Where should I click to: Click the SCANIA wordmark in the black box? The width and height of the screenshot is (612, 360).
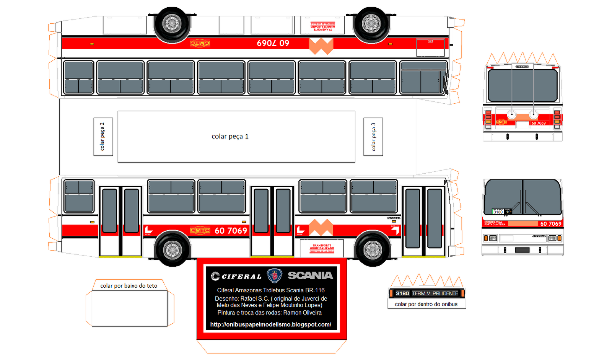(310, 275)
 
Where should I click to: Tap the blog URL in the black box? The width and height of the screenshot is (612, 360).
(271, 324)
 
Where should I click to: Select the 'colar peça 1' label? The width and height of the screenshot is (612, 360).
(230, 137)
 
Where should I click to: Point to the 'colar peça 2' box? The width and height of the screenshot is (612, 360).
(103, 137)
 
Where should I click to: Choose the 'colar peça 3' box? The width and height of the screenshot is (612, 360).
(373, 137)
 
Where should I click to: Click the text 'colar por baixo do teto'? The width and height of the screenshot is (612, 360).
(129, 286)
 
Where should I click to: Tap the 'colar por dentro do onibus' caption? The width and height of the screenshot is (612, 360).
(426, 304)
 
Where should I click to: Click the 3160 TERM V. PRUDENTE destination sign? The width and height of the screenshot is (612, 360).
(427, 293)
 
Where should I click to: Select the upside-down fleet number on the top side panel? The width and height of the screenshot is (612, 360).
(273, 43)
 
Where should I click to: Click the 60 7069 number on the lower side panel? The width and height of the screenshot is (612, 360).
(231, 230)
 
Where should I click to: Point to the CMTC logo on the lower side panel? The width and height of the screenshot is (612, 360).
(200, 230)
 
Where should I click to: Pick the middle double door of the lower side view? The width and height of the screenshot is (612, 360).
(272, 221)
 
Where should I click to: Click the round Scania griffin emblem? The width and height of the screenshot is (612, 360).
(274, 275)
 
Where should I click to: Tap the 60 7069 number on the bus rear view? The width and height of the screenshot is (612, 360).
(539, 123)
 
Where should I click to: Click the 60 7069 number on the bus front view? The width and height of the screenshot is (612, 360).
(550, 224)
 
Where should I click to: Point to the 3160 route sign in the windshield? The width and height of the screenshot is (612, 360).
(498, 212)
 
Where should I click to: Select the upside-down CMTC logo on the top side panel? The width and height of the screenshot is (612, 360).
(200, 43)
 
